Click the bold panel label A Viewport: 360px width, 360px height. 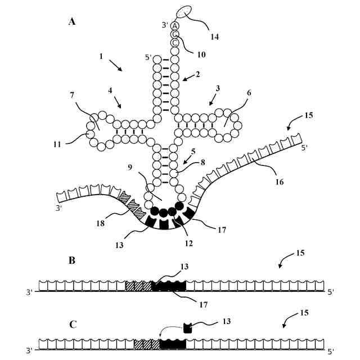pyautogui.click(x=72, y=22)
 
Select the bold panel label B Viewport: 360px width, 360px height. pyautogui.click(x=72, y=260)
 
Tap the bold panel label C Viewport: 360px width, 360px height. pyautogui.click(x=73, y=325)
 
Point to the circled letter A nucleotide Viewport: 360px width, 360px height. pyautogui.click(x=175, y=26)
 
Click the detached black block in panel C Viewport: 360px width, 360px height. pyautogui.click(x=188, y=327)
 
